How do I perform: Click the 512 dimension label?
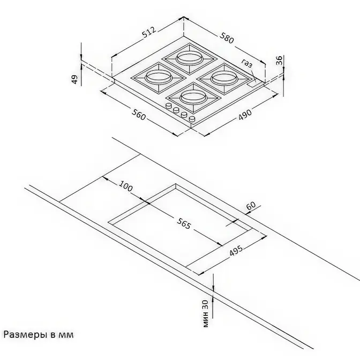pos(149,32)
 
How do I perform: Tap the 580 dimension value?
pos(227,38)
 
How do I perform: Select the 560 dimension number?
pos(139,115)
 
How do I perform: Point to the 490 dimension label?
pos(245,114)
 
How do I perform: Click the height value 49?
pos(75,79)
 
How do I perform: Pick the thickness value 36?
pos(279,61)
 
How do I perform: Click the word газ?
pos(247,63)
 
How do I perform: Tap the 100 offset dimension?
pos(126,186)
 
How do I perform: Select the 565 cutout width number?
pos(184,223)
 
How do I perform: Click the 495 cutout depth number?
pos(236,251)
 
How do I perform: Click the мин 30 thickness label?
pos(206,313)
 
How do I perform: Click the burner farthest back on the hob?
pos(190,58)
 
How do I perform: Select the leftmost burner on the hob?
pos(158,78)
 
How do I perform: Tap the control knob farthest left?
pos(169,106)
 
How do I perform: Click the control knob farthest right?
pos(192,119)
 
